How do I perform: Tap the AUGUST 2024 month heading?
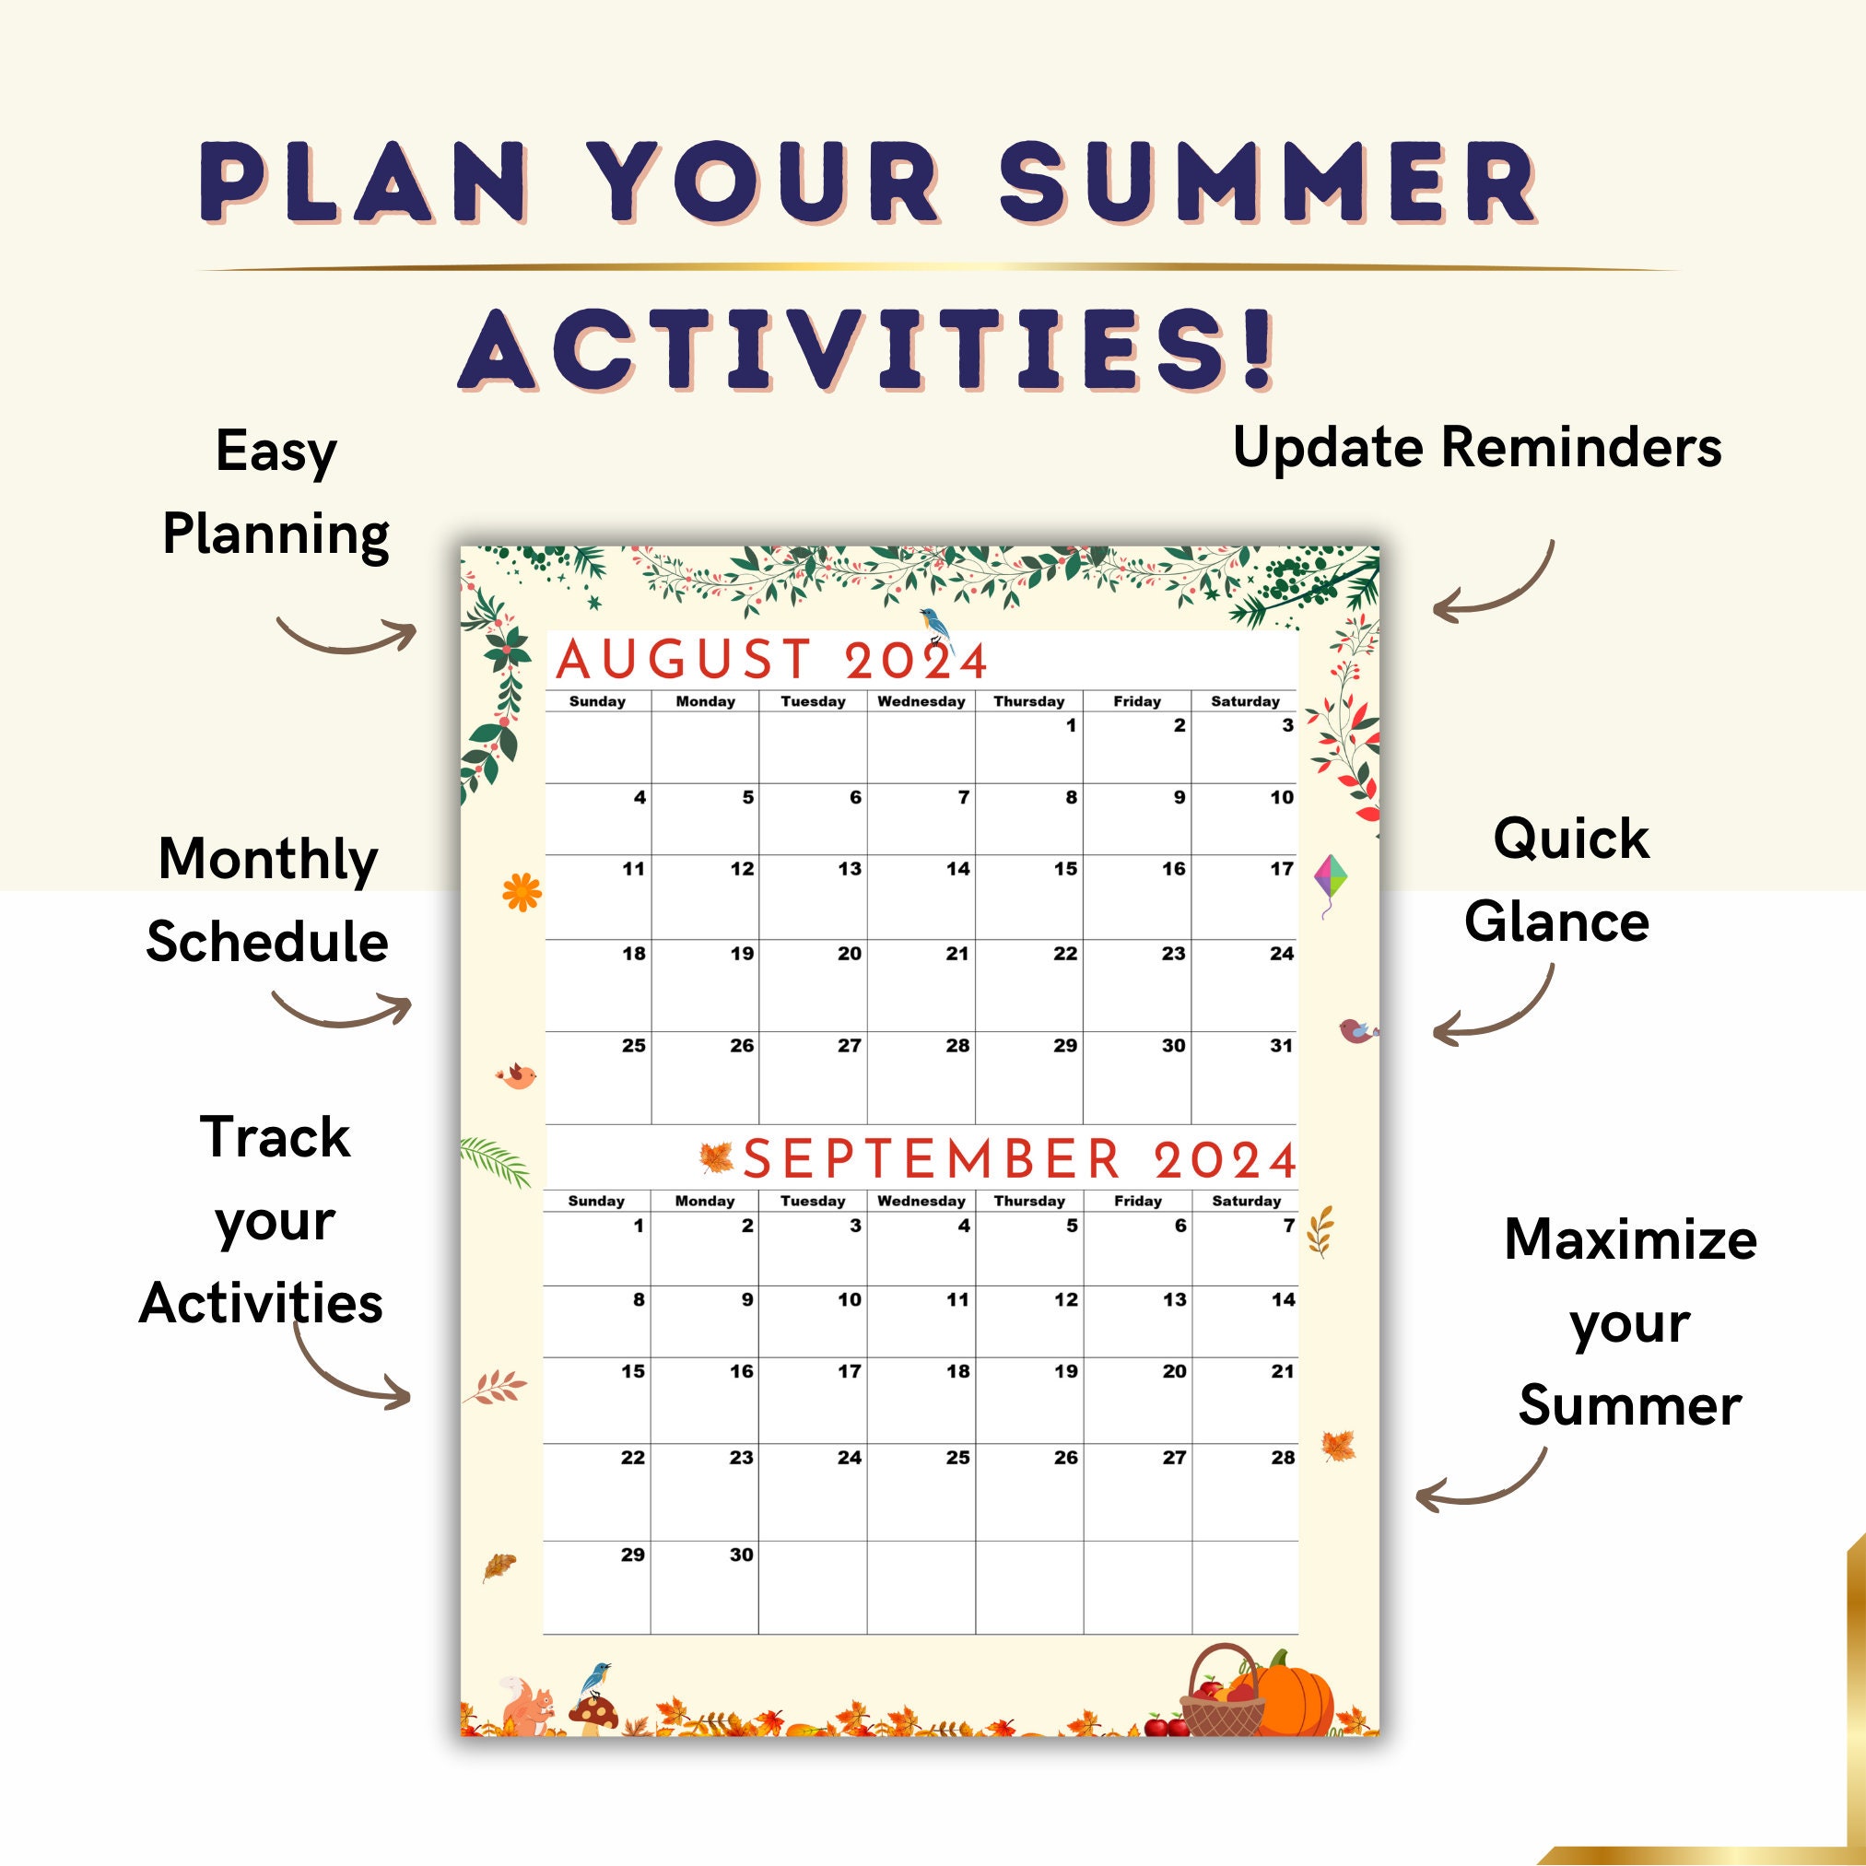point(770,661)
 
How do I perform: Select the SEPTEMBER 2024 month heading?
point(1019,1159)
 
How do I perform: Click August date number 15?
point(1065,869)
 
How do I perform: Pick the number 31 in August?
point(1281,1045)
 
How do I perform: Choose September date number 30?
point(741,1554)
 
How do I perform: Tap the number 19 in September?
point(1066,1371)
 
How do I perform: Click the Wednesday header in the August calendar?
point(921,701)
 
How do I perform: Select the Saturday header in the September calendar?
point(1246,1201)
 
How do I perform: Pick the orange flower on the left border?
point(522,890)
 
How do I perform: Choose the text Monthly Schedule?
point(267,899)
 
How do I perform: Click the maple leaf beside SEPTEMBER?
point(716,1157)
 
